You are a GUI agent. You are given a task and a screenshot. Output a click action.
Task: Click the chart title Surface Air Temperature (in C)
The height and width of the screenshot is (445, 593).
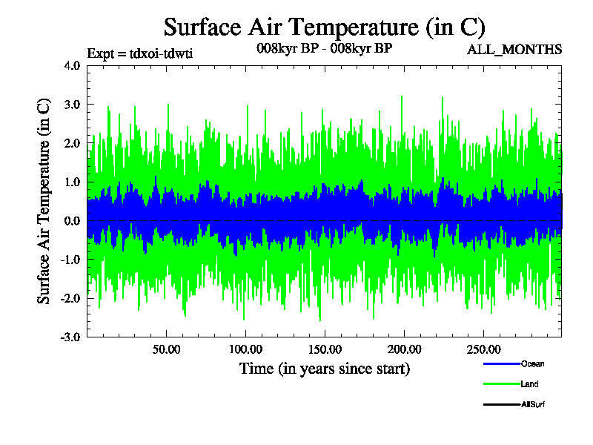tap(324, 27)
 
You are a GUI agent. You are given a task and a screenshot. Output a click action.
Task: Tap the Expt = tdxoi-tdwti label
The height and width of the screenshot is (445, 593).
tap(140, 53)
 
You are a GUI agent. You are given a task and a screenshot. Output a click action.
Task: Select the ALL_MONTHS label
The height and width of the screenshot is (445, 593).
tap(514, 50)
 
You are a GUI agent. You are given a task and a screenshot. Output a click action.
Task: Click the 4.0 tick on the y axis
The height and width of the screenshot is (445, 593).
tap(72, 65)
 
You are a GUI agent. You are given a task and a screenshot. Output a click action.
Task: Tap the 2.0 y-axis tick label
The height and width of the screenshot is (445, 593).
tap(72, 142)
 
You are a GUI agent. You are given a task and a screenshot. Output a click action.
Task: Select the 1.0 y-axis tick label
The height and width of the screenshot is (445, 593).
tap(72, 182)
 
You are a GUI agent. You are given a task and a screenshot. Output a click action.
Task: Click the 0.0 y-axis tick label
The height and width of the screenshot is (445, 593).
tap(72, 220)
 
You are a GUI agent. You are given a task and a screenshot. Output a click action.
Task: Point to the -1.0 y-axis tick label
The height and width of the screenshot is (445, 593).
tap(70, 259)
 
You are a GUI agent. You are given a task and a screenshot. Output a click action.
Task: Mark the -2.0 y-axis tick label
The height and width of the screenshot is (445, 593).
tap(70, 298)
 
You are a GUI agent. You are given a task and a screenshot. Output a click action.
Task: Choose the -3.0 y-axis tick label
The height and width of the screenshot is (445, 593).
tap(70, 337)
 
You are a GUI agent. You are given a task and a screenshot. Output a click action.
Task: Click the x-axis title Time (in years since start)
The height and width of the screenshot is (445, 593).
tap(324, 369)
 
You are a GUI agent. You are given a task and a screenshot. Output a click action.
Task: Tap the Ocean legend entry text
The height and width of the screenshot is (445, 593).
tap(532, 364)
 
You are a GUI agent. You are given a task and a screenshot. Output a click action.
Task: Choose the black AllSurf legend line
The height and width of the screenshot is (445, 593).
tap(501, 404)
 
